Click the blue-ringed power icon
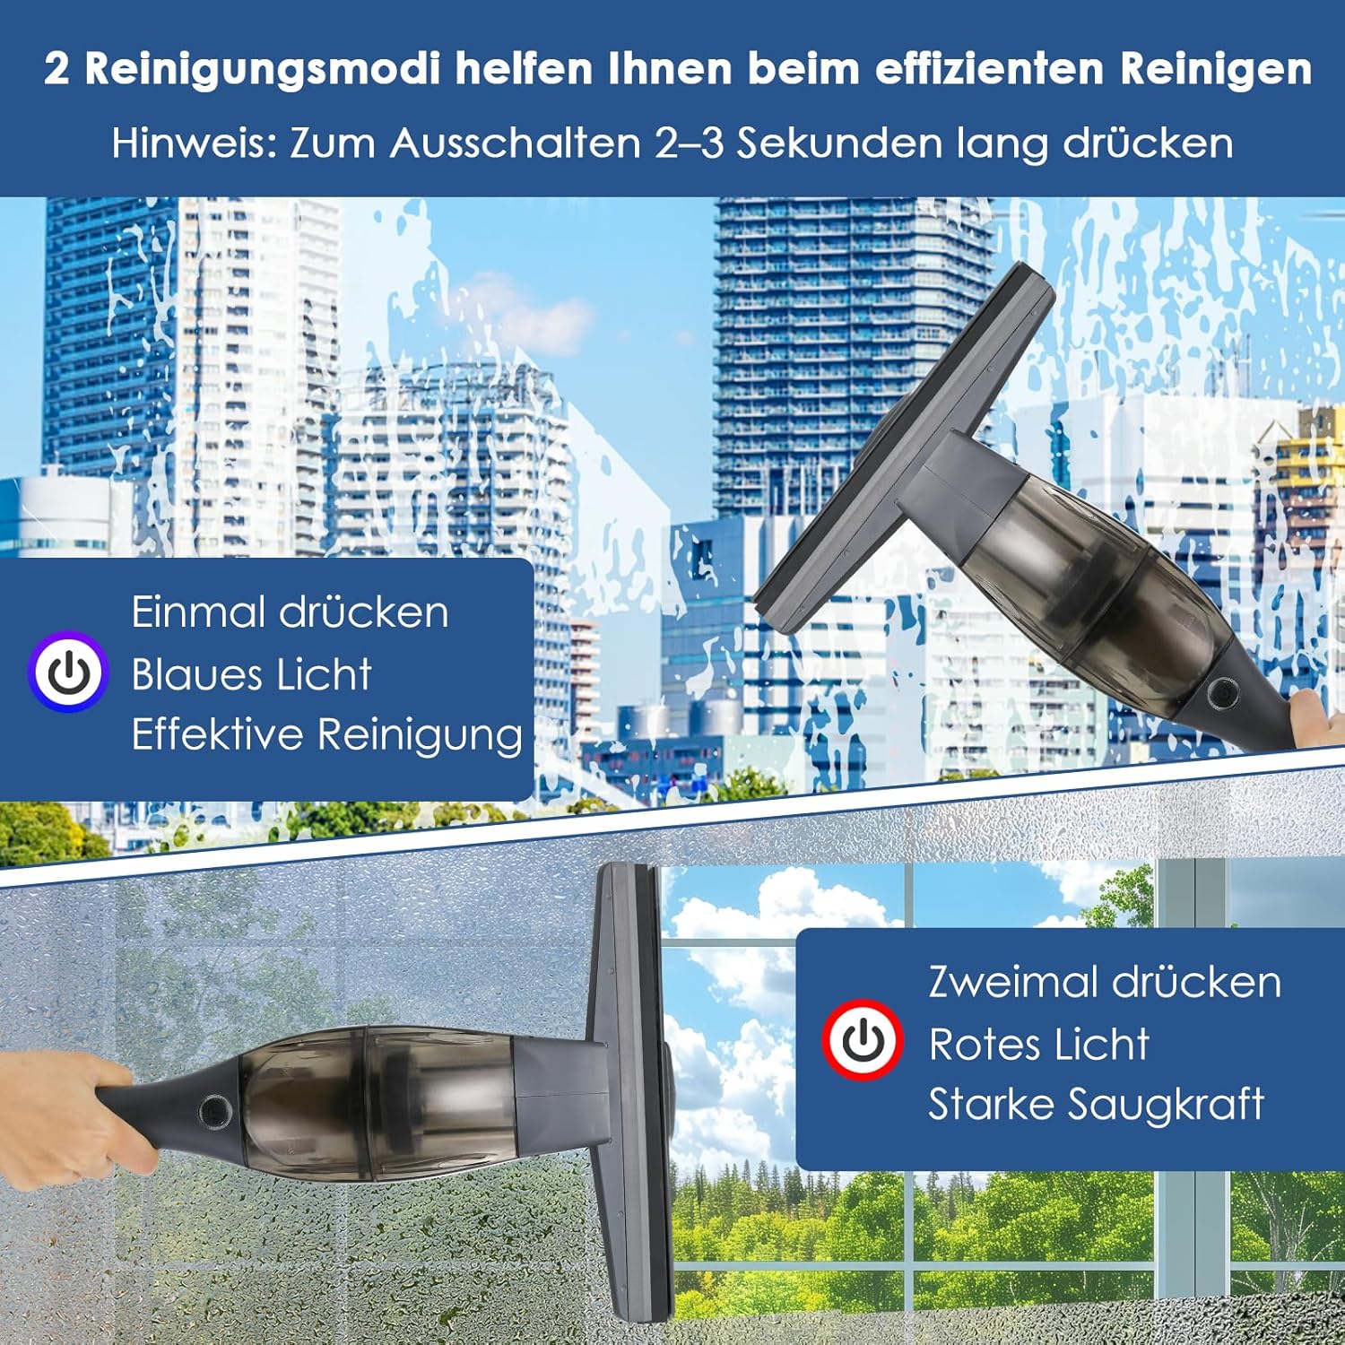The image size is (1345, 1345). pos(68,672)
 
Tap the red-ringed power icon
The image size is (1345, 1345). pos(863,1039)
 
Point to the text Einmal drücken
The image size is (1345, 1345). pos(290,612)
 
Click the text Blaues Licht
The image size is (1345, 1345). pos(251,674)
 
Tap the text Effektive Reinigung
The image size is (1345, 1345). pos(327,735)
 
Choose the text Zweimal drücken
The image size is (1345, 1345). pos(1105,982)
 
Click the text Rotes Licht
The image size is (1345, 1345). pos(1038,1044)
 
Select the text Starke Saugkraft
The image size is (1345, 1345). pos(1096,1105)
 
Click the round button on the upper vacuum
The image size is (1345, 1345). pos(1221,692)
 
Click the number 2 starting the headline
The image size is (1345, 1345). pos(56,69)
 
